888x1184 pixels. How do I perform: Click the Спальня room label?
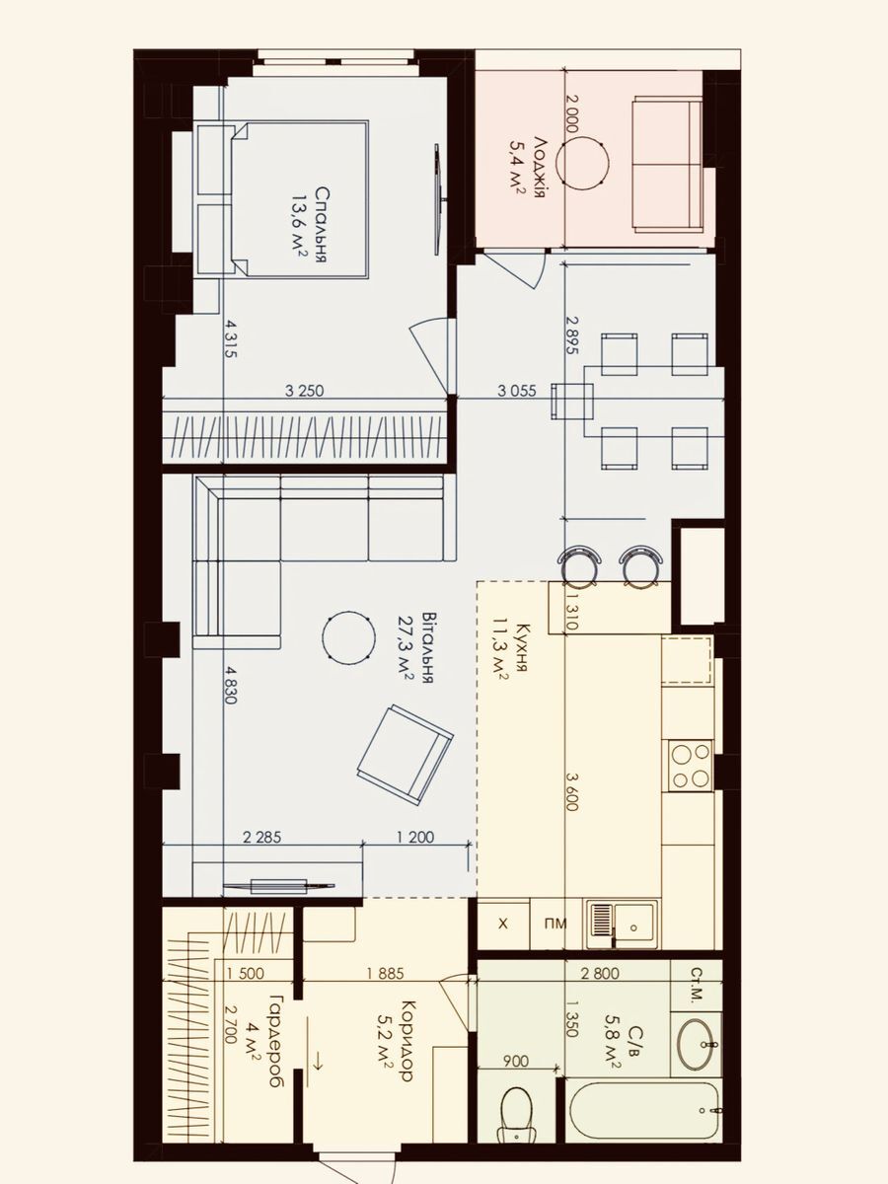pos(322,224)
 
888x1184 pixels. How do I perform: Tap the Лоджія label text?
pos(541,168)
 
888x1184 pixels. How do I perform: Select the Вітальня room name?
pos(428,647)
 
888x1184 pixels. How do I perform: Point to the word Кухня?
pos(522,648)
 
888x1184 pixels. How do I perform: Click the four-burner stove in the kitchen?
pos(690,766)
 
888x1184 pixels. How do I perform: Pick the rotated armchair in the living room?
pos(405,755)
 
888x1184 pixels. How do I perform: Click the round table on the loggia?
pos(583,163)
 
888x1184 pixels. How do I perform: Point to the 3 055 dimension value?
pos(516,391)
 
